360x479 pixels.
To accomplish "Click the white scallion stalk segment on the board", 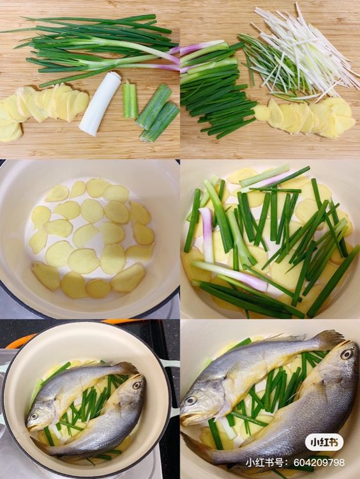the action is point(100,103).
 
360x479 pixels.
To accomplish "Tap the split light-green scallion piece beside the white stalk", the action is point(130,99).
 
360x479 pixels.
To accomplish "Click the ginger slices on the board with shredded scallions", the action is point(305,118).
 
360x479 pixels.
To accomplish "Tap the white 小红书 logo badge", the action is point(324,442).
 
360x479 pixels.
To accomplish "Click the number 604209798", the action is point(319,462).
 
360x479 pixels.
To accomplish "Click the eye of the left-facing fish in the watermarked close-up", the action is point(191,400).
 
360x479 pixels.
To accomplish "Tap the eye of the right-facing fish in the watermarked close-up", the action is point(347,354).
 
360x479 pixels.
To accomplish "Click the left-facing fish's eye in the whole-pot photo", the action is point(34,416).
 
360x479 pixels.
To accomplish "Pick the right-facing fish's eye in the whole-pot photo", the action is point(137,385).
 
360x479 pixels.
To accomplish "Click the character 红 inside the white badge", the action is point(324,443).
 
